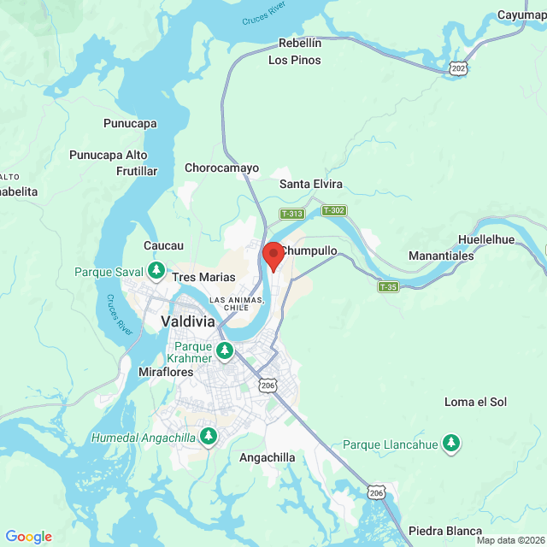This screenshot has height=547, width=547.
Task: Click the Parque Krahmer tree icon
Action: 225,350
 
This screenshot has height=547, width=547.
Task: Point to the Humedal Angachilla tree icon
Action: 209,438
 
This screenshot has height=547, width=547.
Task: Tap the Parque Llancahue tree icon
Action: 451,444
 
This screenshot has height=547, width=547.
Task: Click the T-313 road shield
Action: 291,214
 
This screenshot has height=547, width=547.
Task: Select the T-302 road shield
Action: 333,210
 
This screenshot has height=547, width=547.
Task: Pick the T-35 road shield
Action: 388,286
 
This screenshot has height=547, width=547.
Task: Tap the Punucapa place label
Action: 130,123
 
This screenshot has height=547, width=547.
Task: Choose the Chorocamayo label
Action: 221,168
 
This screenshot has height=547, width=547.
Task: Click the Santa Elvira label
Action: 311,184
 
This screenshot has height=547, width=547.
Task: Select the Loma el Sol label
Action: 475,402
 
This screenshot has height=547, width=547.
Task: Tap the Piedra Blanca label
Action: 445,531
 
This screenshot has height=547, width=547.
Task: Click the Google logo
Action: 28,537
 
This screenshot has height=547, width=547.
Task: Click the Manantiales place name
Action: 441,256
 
